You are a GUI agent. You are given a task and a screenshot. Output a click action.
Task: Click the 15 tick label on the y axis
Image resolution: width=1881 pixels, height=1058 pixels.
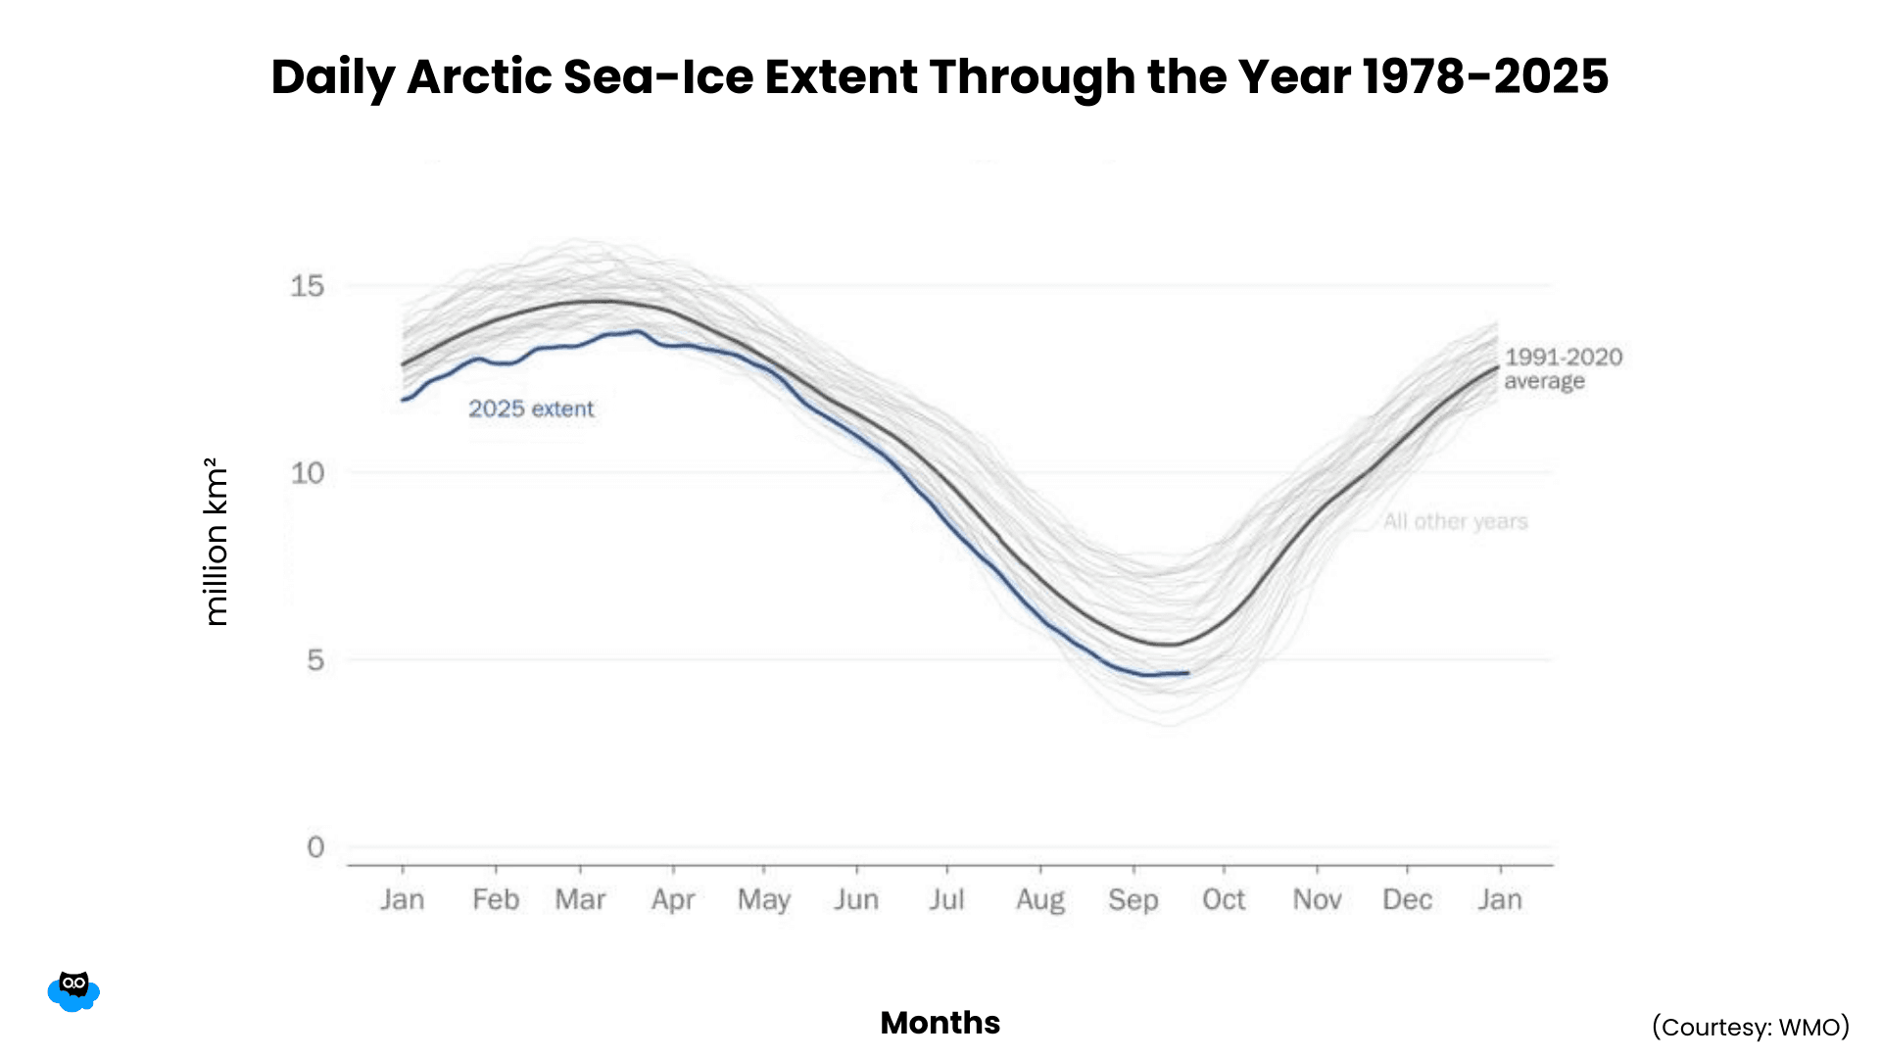(307, 286)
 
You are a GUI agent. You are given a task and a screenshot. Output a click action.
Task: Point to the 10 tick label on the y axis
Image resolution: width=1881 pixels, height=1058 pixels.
(307, 473)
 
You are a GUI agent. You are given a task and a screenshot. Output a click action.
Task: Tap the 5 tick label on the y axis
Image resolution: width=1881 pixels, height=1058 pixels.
(314, 660)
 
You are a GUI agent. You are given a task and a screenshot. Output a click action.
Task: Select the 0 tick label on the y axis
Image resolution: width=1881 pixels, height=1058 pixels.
(314, 846)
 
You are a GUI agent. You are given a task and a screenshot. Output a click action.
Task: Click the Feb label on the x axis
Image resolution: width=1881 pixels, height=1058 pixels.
(496, 899)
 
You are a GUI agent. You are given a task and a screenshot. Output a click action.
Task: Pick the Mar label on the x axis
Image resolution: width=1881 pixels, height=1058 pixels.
(580, 899)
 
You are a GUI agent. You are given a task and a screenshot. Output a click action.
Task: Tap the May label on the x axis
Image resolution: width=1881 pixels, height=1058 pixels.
(764, 899)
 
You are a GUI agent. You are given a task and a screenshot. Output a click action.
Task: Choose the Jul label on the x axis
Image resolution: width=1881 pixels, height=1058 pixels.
(947, 899)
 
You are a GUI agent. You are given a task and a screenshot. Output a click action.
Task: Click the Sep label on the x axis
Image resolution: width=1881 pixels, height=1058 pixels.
(1133, 899)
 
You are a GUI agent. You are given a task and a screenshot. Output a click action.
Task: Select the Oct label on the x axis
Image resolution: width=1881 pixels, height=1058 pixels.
(1224, 899)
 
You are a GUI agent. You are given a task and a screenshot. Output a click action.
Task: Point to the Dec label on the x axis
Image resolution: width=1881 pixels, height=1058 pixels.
(1408, 899)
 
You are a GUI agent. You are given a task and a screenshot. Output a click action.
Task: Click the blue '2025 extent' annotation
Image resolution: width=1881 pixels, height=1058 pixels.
(531, 409)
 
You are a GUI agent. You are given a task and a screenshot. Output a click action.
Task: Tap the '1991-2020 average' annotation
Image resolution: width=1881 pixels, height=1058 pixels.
(1563, 369)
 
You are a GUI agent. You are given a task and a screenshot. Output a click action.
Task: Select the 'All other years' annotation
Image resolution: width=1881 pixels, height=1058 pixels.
(1455, 521)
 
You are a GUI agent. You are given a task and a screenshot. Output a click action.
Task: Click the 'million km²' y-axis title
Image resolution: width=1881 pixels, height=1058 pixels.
(216, 541)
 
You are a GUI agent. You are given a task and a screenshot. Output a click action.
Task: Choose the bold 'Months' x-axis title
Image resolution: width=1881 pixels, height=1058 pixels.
(940, 1023)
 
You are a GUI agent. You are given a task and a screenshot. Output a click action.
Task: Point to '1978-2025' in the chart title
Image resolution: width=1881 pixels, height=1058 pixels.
(1485, 76)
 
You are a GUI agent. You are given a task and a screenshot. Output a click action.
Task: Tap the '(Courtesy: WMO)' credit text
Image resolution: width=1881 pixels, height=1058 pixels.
(1751, 1027)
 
